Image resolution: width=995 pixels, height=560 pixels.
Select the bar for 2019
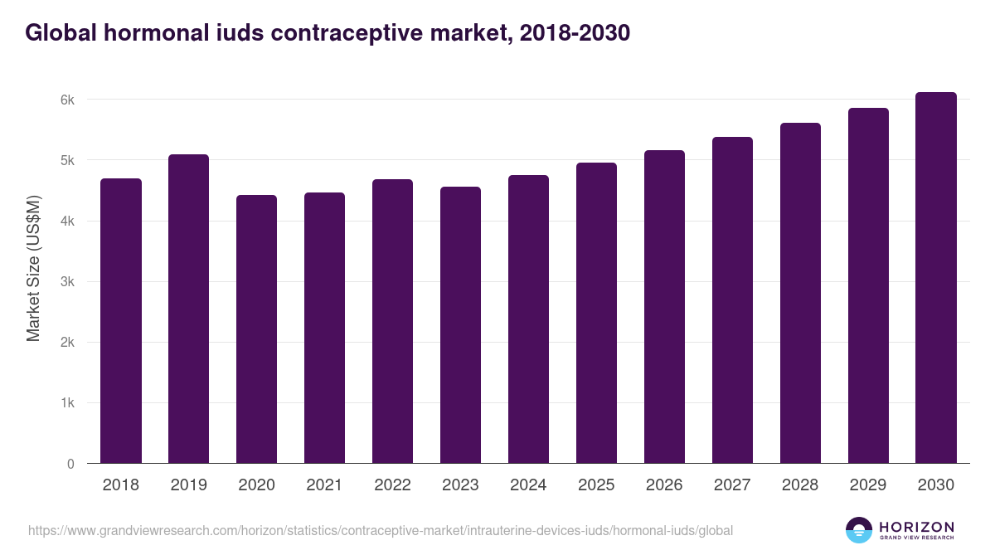188,309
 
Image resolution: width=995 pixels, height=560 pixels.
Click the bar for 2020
256,329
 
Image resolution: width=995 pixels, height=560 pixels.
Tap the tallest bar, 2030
936,278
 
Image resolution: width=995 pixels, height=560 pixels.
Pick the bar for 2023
460,325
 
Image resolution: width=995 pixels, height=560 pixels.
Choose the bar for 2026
664,307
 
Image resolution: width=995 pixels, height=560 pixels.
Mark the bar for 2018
120,321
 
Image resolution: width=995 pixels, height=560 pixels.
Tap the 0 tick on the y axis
70,464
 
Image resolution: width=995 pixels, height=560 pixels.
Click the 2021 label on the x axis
324,485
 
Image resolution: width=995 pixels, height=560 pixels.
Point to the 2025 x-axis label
596,485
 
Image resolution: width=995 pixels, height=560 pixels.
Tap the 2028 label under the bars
800,485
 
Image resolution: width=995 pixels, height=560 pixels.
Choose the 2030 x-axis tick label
936,485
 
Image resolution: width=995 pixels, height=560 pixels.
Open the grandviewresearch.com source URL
381,530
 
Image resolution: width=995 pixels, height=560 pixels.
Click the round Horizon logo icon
859,530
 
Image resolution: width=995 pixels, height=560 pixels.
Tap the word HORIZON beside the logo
916,527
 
